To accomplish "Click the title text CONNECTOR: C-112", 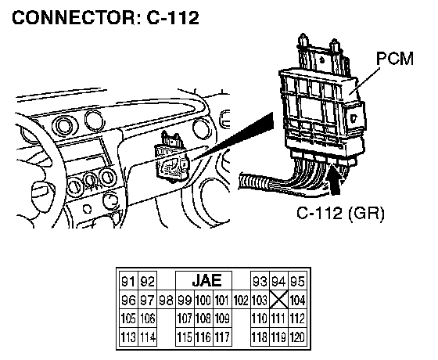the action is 106,18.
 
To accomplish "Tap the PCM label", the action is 395,59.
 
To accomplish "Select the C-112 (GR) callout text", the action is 340,213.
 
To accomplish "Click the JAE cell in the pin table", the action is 206,280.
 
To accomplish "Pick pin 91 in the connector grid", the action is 128,282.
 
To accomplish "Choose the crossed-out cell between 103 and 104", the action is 278,300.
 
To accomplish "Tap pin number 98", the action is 166,301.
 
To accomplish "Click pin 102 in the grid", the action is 241,301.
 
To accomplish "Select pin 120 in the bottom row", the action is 297,337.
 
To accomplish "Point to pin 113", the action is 128,337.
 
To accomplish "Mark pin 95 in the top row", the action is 297,282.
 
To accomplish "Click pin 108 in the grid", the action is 203,319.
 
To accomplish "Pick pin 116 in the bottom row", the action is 203,337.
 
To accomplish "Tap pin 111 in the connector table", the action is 278,319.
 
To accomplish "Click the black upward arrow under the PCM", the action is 335,179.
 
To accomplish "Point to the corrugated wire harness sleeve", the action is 253,182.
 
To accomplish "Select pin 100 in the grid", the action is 203,300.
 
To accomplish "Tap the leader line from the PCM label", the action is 364,81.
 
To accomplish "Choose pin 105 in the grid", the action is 128,319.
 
